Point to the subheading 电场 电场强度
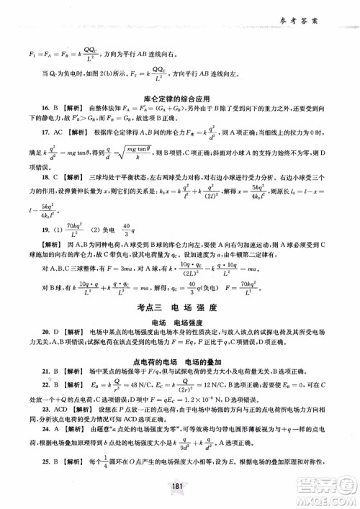[x=179, y=324]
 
